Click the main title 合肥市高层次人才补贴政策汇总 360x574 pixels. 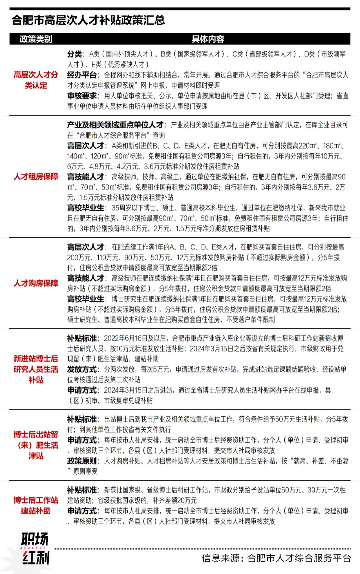click(x=88, y=20)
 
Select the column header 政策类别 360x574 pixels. click(x=36, y=39)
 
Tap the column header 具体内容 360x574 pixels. click(x=207, y=39)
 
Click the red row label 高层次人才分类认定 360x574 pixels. click(x=36, y=80)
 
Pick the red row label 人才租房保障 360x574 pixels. click(x=36, y=177)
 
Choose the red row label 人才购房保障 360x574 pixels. click(x=36, y=283)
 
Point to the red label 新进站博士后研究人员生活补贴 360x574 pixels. click(x=36, y=369)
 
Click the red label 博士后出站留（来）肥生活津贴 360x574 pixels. click(x=36, y=445)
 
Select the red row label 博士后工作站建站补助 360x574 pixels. click(x=36, y=505)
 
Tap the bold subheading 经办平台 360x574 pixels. click(x=82, y=75)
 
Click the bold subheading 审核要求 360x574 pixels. click(x=82, y=96)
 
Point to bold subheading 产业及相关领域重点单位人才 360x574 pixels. click(x=115, y=125)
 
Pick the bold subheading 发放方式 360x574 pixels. click(x=82, y=369)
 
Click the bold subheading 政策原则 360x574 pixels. click(x=82, y=461)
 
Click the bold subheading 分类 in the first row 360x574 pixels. click(x=74, y=54)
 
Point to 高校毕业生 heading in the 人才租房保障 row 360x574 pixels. click(x=86, y=208)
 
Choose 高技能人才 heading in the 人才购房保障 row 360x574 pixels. click(x=86, y=278)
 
